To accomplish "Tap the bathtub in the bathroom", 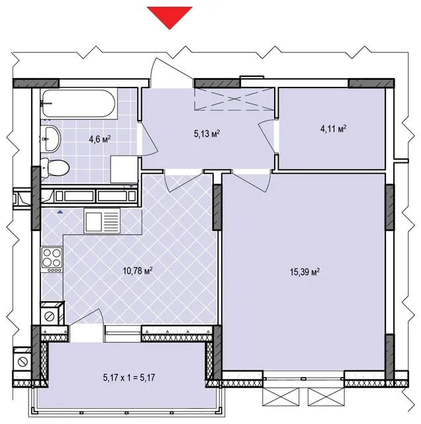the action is pyautogui.click(x=79, y=103).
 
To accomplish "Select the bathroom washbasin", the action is pyautogui.click(x=52, y=138).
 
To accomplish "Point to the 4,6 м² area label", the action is pyautogui.click(x=100, y=139).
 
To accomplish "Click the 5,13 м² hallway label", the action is pyautogui.click(x=207, y=133).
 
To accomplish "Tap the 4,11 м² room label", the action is pyautogui.click(x=334, y=129).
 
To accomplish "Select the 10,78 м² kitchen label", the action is pyautogui.click(x=138, y=271).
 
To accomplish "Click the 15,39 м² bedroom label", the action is pyautogui.click(x=304, y=272).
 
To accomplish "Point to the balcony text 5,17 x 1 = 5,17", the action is pyautogui.click(x=129, y=377).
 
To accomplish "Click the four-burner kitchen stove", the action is pyautogui.click(x=52, y=260).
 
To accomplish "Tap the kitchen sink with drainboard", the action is pyautogui.click(x=102, y=221).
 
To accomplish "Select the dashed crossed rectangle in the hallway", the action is pyautogui.click(x=234, y=99).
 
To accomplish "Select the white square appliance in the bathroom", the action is pyautogui.click(x=124, y=170).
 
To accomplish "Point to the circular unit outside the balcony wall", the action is pyautogui.click(x=22, y=361).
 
